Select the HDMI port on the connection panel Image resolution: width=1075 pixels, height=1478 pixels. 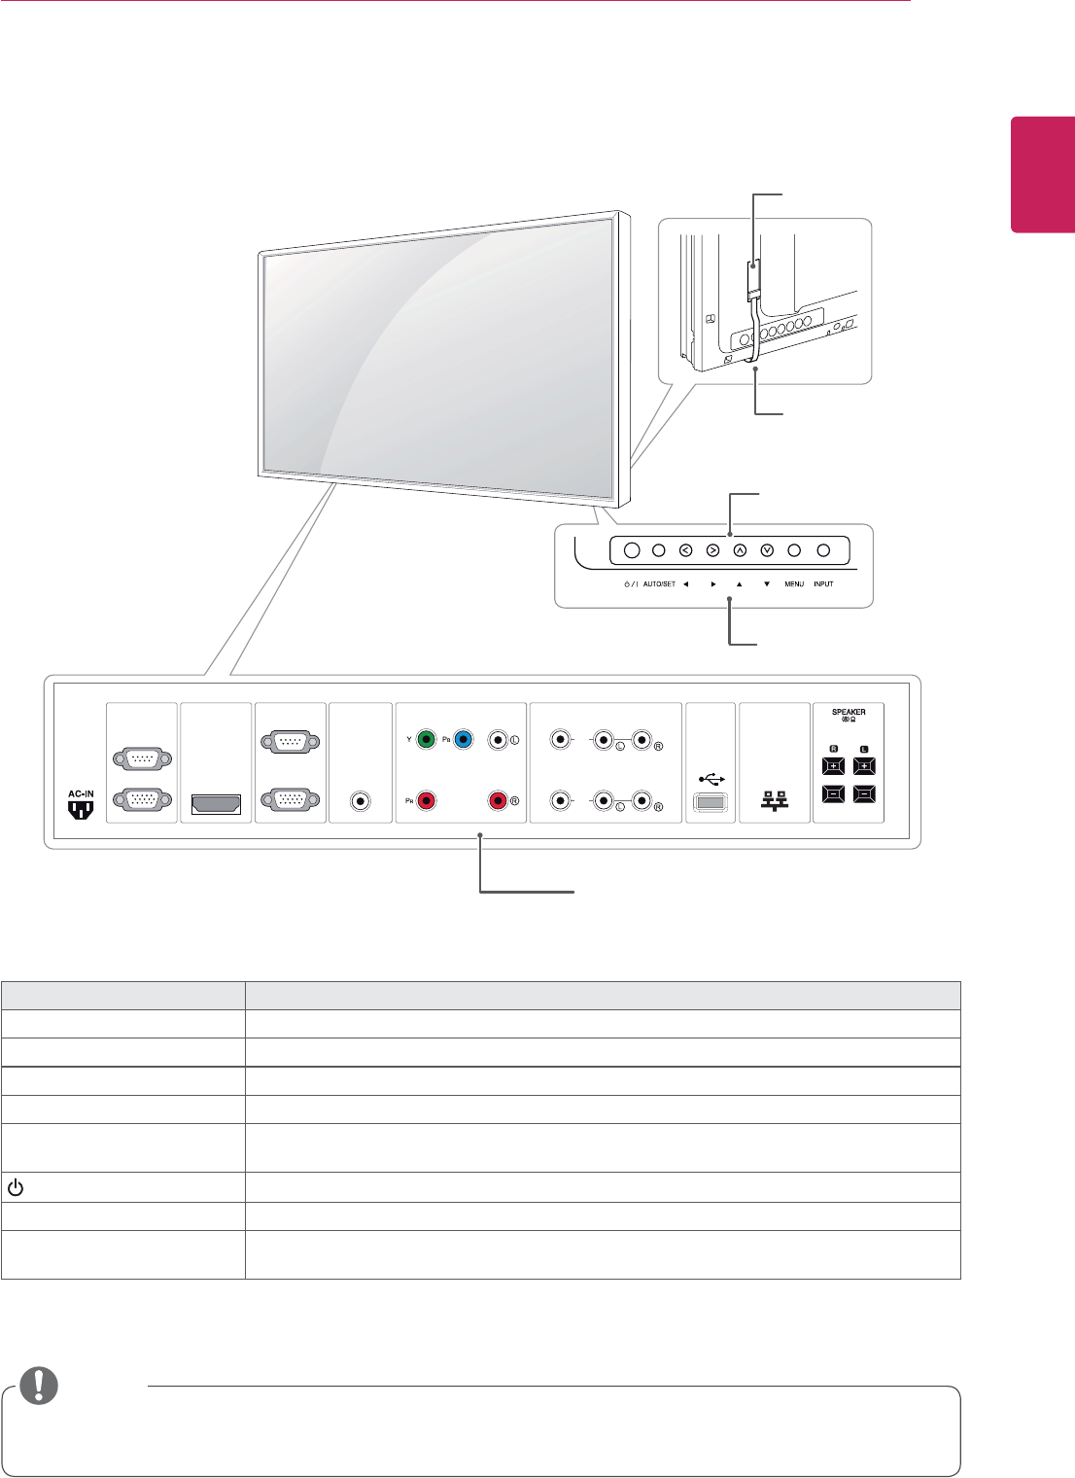click(216, 803)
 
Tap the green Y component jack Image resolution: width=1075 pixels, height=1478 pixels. click(425, 739)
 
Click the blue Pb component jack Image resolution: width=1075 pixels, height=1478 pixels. click(463, 739)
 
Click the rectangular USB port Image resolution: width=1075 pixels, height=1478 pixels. click(711, 803)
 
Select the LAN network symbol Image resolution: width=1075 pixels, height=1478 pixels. click(775, 800)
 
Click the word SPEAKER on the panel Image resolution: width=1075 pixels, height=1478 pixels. click(849, 712)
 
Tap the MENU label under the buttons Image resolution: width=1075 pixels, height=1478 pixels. click(794, 584)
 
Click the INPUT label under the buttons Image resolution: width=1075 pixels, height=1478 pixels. click(823, 584)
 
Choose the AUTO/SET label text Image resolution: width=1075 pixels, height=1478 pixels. click(659, 584)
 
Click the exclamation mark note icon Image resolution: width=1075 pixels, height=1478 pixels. click(39, 1386)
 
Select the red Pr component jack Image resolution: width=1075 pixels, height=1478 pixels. click(425, 802)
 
